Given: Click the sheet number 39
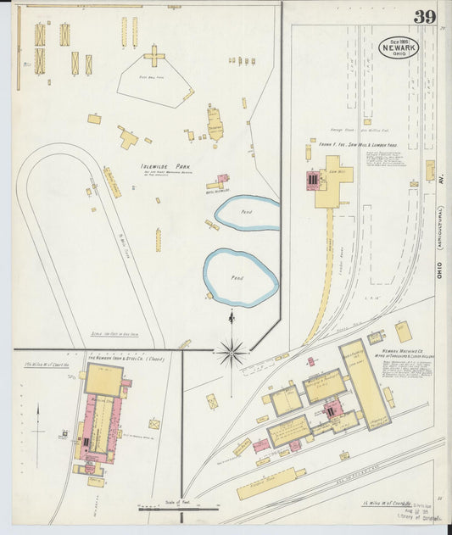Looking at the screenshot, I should [x=425, y=17].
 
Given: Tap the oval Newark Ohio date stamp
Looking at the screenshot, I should [x=399, y=46].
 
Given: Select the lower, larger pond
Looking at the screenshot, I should [x=241, y=276].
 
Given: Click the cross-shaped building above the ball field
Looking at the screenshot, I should [x=154, y=58].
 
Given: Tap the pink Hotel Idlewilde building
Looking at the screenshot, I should [x=222, y=180].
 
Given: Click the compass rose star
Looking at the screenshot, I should [x=231, y=349].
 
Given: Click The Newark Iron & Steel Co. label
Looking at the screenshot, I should [x=127, y=358].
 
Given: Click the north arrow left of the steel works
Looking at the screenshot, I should [x=37, y=424].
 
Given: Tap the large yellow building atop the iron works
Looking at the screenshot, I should [x=103, y=380].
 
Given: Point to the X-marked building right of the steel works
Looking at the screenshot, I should [x=154, y=423].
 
